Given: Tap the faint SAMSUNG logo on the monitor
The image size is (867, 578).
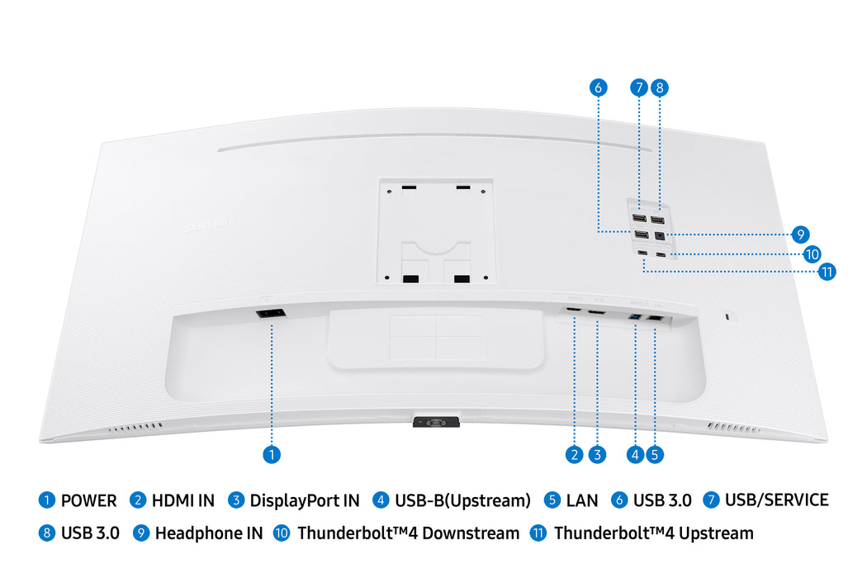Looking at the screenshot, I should [x=210, y=224].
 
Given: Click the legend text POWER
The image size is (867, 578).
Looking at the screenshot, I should [x=88, y=500].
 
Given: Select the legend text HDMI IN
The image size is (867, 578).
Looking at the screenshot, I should [x=182, y=500].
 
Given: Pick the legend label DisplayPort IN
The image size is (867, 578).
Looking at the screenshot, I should [x=305, y=500].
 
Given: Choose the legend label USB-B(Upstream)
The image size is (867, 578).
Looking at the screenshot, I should [x=462, y=500].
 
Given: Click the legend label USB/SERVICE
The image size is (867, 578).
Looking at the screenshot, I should [x=776, y=500].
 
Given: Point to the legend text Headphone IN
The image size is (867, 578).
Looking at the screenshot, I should [x=209, y=533].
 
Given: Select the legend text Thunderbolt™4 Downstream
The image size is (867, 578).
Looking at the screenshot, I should [x=408, y=533].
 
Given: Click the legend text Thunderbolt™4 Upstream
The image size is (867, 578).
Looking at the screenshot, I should [x=653, y=533].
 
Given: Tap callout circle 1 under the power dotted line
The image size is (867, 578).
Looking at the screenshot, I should [x=271, y=453].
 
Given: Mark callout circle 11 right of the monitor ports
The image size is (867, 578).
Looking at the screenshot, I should [x=827, y=271].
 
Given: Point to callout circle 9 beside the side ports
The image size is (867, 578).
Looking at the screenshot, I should [x=799, y=235].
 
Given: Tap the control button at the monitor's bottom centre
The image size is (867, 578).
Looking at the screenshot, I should [x=433, y=422].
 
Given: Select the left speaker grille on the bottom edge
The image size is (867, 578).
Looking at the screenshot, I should [x=136, y=428].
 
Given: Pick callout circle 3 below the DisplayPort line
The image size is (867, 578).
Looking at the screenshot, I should [x=597, y=453].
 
